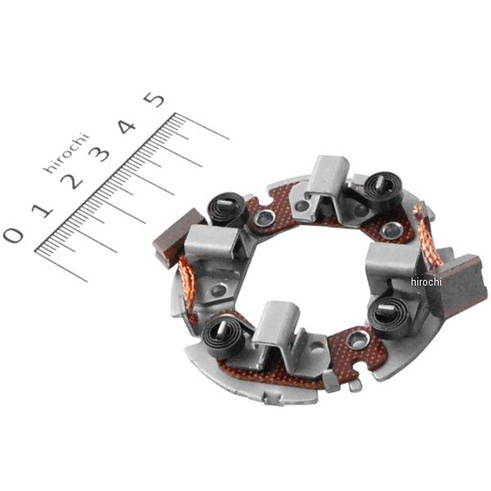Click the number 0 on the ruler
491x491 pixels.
13,235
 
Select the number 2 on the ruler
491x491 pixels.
72,181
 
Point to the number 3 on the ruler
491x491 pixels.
99,154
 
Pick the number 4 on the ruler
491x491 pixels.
127,126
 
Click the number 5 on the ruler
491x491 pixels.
155,100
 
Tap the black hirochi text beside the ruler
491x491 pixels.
65,152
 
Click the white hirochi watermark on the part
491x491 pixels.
426,282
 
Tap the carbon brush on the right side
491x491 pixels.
460,280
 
